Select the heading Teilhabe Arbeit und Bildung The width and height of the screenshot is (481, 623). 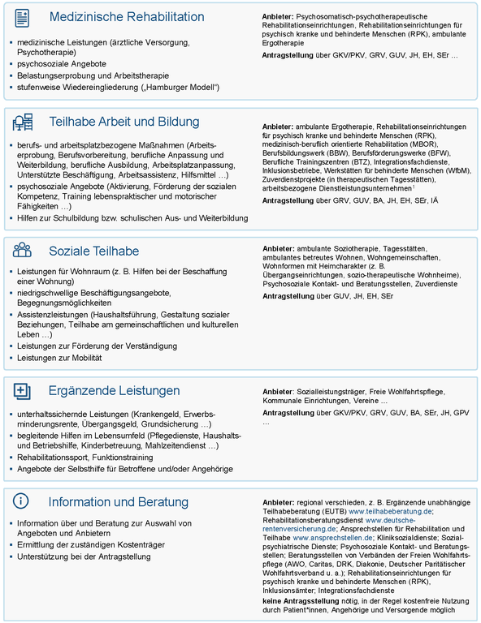[x=124, y=122]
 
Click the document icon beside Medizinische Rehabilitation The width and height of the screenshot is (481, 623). [x=22, y=17]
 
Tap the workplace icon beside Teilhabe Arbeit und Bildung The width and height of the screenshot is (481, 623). [x=23, y=122]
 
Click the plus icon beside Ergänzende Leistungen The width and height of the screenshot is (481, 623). [x=22, y=390]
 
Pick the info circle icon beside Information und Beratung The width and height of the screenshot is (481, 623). [x=22, y=501]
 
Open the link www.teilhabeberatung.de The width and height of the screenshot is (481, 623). [x=391, y=511]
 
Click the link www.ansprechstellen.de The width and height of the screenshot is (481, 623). [x=333, y=537]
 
